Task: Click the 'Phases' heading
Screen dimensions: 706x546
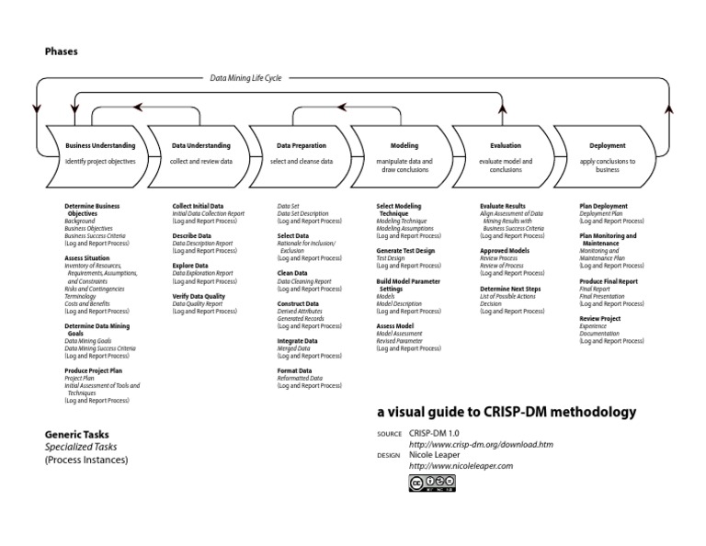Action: point(62,51)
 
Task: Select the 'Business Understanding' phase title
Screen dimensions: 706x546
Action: point(100,145)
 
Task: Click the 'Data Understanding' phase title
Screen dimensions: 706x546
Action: point(201,145)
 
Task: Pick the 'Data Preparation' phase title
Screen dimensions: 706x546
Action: point(302,145)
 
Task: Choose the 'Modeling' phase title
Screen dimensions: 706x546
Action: point(404,145)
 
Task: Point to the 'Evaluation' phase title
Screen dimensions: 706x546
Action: point(506,145)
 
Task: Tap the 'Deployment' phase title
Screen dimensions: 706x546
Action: point(608,145)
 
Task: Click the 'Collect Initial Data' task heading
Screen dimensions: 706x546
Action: point(199,206)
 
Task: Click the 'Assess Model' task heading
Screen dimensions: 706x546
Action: point(395,326)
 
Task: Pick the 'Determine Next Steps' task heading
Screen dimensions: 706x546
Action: point(510,289)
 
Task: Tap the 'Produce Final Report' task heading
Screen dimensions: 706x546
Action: point(609,281)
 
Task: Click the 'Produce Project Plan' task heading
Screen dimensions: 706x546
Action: point(97,370)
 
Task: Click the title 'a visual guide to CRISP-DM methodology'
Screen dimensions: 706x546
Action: point(506,413)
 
